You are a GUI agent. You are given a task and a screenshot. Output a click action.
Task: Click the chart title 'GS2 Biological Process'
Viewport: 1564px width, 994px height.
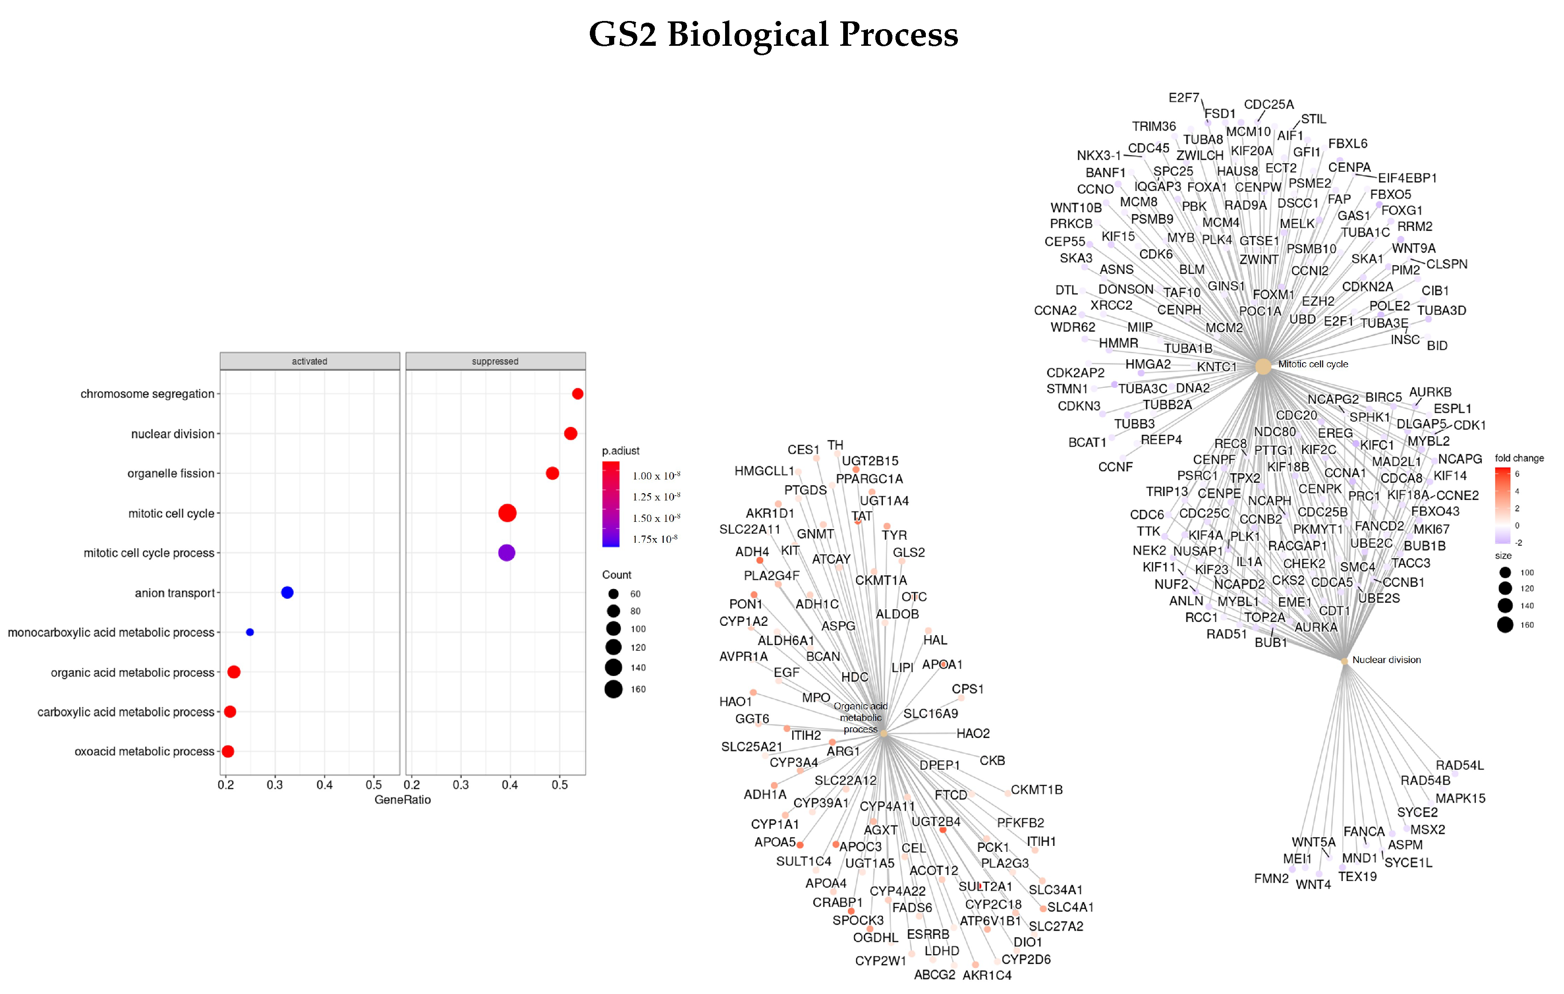(773, 34)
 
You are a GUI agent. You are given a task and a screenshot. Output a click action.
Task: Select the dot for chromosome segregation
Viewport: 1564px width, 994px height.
(577, 394)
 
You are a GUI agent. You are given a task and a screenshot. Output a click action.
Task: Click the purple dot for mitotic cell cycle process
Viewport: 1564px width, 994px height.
(507, 553)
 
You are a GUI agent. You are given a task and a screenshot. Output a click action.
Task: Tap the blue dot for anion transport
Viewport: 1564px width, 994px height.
(287, 592)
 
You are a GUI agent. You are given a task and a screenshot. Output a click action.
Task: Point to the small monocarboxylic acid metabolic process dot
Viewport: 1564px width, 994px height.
(250, 632)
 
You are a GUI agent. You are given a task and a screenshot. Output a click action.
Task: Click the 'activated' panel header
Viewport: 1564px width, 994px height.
(310, 361)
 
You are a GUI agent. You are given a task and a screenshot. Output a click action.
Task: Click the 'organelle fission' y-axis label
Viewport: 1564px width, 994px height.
(170, 473)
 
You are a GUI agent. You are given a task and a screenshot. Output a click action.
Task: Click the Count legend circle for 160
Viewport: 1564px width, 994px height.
(613, 689)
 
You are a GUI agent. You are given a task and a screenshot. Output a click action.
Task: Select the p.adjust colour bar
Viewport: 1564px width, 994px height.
(610, 504)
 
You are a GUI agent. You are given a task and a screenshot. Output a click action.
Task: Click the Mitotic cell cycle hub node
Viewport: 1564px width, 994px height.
(1263, 366)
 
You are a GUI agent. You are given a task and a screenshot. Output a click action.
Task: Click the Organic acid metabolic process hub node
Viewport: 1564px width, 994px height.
(883, 733)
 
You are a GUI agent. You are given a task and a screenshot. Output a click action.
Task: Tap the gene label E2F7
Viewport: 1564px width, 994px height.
(1183, 98)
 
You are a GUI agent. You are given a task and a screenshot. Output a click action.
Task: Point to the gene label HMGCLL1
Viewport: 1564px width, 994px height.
(764, 471)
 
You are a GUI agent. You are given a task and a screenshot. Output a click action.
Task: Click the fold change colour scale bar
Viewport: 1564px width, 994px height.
(1502, 506)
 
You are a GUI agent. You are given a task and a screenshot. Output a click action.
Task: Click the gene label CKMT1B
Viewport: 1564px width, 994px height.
(1037, 790)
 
